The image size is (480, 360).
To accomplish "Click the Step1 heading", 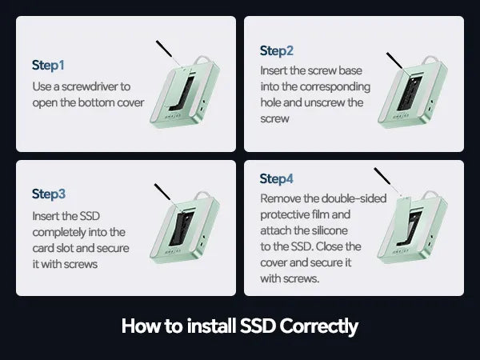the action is click(x=48, y=66).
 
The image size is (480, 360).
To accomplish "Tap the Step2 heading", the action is click(x=277, y=51).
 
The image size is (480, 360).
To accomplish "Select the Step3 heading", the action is click(x=49, y=194).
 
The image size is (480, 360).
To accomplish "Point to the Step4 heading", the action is click(x=277, y=178).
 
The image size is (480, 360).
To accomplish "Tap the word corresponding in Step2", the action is click(x=335, y=87).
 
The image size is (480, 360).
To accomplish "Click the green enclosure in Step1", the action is click(x=185, y=92).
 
